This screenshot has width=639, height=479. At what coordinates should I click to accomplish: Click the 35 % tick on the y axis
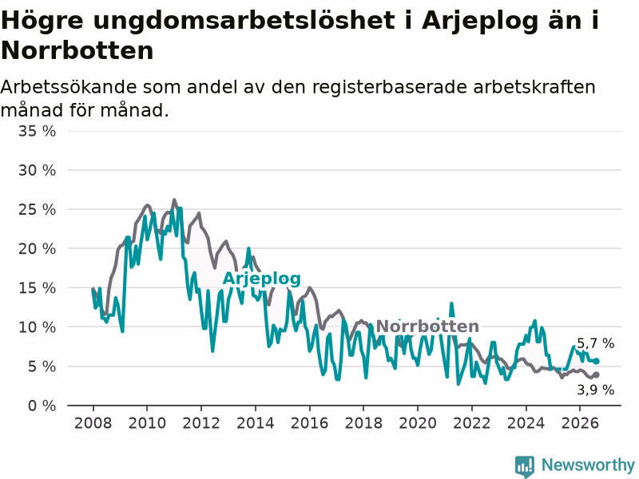(x=37, y=131)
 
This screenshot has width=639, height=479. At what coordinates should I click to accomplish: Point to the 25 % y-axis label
(x=37, y=210)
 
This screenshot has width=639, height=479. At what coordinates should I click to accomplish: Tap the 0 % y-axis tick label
(x=42, y=406)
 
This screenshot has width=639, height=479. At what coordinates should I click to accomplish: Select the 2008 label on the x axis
(x=93, y=423)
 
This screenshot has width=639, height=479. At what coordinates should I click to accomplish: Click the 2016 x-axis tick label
(x=309, y=423)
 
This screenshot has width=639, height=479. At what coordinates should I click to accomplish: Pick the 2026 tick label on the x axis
(x=580, y=423)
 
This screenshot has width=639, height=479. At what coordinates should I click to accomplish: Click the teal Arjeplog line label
(x=262, y=279)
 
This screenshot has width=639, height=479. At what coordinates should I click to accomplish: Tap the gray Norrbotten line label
(x=427, y=327)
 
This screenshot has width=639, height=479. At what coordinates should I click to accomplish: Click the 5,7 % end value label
(x=595, y=343)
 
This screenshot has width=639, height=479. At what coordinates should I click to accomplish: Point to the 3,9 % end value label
(x=595, y=390)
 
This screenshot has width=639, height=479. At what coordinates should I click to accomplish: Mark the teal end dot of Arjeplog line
(x=596, y=361)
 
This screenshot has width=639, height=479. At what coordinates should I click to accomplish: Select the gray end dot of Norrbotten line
(x=596, y=374)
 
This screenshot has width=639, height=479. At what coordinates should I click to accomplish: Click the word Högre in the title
(x=42, y=21)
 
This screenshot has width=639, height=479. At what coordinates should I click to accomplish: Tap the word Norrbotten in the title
(x=77, y=50)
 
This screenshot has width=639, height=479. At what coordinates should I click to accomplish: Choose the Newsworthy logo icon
(x=525, y=466)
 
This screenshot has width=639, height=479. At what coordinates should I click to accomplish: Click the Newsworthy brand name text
(x=588, y=465)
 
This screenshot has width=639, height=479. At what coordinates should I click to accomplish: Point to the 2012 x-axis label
(x=201, y=423)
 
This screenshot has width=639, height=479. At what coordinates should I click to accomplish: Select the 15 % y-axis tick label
(x=37, y=288)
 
